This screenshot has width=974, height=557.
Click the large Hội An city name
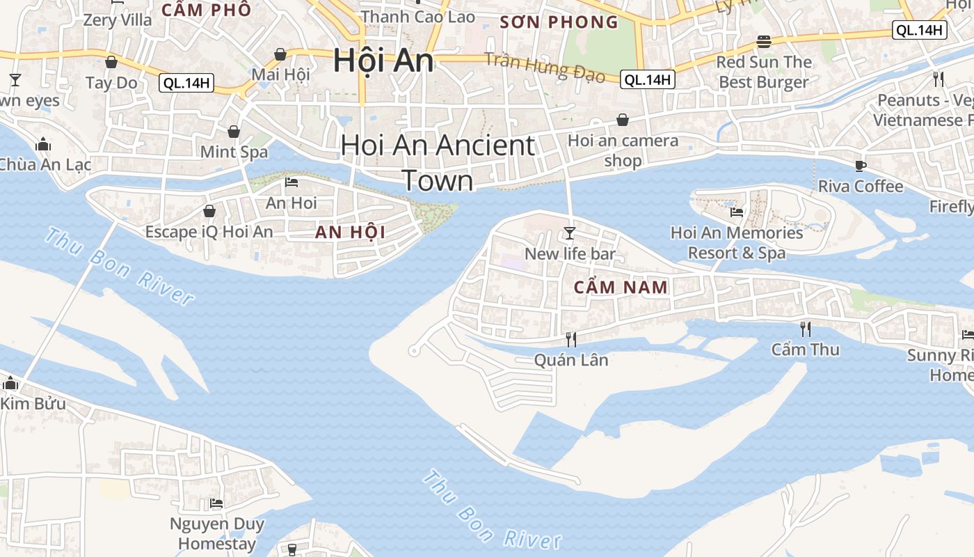(x=383, y=61)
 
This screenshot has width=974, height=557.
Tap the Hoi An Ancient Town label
(x=438, y=163)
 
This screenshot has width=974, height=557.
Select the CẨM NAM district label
(x=621, y=287)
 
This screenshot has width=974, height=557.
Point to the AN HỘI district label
(x=350, y=232)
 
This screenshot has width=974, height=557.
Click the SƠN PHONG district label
(x=559, y=22)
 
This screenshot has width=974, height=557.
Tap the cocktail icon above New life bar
(x=570, y=233)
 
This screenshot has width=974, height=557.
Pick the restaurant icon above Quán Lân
(x=570, y=339)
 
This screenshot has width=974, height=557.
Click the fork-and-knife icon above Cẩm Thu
(x=805, y=328)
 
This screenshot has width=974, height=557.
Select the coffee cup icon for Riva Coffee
(x=861, y=166)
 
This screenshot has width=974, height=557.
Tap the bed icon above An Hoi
(x=292, y=182)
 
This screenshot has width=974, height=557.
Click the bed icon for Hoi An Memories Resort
(x=736, y=212)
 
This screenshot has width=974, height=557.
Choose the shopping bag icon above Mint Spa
(x=234, y=132)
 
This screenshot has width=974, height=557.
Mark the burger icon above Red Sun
(x=764, y=41)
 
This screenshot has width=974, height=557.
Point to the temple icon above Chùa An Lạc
(x=43, y=144)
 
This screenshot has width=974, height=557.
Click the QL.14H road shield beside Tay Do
(x=186, y=84)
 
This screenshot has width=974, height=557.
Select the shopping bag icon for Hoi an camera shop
(x=622, y=120)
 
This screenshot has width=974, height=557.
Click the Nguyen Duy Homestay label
(x=217, y=533)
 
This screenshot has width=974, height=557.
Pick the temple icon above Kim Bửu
(x=10, y=383)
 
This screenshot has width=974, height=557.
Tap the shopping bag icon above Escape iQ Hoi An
(x=209, y=210)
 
